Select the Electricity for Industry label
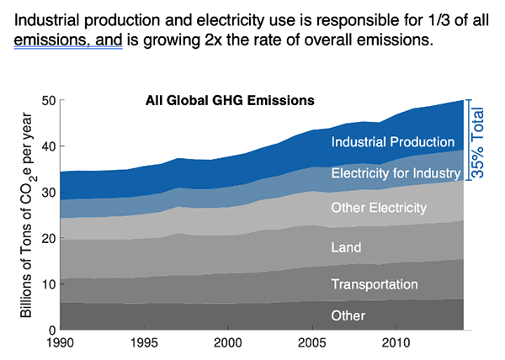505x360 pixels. point(396,174)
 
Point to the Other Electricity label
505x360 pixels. point(380,207)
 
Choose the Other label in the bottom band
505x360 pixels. point(348,315)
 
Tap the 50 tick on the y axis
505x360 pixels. point(49,101)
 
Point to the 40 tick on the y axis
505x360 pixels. point(49,146)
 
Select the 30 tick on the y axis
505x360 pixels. point(49,193)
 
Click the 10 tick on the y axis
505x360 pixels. point(49,284)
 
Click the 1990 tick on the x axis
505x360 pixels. point(61,344)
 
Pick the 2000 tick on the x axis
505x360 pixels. point(227,344)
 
